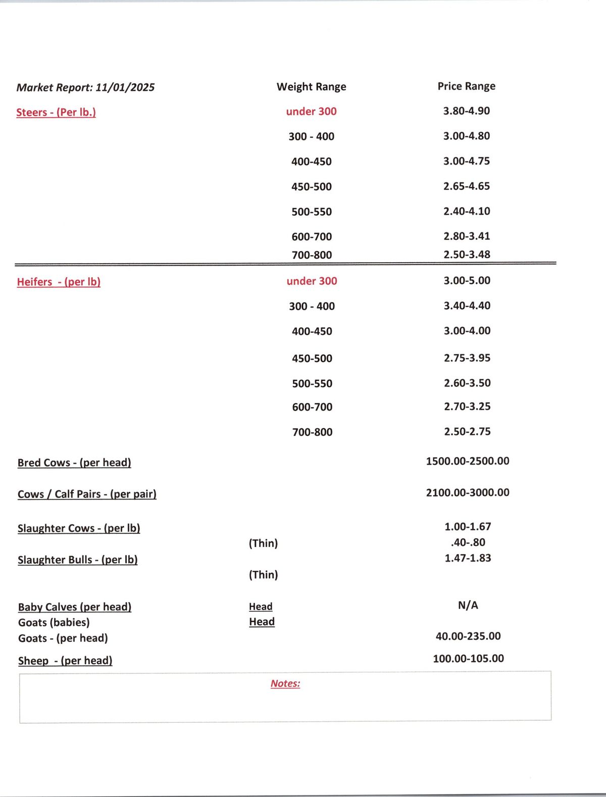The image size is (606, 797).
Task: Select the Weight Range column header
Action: [x=311, y=87]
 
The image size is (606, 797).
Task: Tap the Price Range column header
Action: [x=466, y=86]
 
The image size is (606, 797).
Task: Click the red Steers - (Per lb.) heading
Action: [x=56, y=112]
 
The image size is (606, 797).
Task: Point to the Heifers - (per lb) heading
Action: [x=59, y=282]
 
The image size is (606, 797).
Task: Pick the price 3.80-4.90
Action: [x=466, y=111]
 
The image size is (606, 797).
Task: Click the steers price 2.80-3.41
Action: [x=467, y=236]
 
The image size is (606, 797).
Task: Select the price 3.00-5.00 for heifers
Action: [x=467, y=281]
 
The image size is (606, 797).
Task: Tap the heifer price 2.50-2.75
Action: [x=467, y=432]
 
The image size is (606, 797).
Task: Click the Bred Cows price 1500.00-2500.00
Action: [x=468, y=461]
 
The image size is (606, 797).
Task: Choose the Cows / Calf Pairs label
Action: [x=87, y=494]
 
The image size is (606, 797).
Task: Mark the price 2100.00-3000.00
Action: [x=468, y=492]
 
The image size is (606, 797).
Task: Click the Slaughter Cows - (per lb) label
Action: [x=79, y=528]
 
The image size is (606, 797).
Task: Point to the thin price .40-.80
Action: [x=468, y=542]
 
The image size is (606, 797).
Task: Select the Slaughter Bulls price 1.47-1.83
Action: [x=468, y=558]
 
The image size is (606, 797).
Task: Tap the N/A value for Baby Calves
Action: [x=468, y=605]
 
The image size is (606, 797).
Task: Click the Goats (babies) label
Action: [x=54, y=622]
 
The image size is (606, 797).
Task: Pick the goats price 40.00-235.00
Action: [x=468, y=636]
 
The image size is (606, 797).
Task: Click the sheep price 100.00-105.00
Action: [x=468, y=659]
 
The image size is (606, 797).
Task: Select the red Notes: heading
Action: [x=285, y=683]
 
